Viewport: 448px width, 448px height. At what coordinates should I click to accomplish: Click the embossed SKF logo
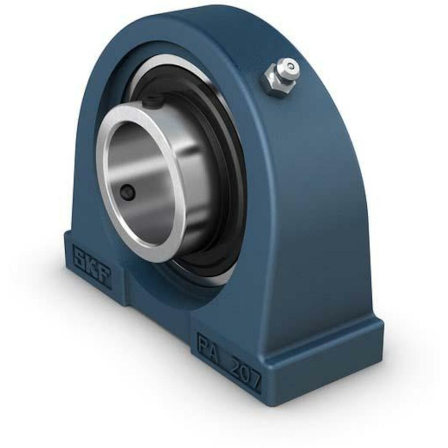91,266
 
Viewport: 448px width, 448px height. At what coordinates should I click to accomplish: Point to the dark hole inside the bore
128,193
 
